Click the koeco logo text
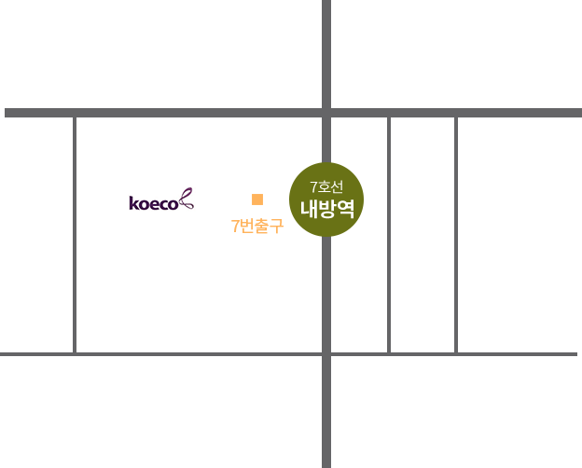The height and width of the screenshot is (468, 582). click(154, 203)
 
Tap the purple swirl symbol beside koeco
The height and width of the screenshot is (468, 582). click(187, 199)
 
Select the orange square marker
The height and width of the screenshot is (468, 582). click(257, 200)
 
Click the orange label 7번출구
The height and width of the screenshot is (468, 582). click(257, 226)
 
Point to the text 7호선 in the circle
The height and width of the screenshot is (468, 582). click(326, 186)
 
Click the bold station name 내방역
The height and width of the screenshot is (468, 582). click(327, 209)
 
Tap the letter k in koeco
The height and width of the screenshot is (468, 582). click(132, 203)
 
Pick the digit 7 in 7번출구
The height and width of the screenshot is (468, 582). click(235, 226)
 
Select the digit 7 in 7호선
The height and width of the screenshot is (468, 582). click(313, 187)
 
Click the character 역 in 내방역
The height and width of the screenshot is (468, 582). click(345, 209)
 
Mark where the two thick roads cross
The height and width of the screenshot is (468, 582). click(326, 113)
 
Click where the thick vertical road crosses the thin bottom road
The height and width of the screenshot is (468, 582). click(326, 354)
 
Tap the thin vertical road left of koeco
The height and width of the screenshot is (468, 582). click(75, 235)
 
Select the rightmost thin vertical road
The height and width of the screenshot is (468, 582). click(456, 235)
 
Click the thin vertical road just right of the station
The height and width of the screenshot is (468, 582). click(389, 235)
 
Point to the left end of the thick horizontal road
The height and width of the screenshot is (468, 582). click(6, 113)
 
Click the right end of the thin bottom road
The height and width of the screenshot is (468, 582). click(576, 354)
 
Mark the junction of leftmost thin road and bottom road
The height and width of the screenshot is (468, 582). click(75, 354)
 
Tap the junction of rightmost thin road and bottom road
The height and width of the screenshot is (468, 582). click(456, 354)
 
